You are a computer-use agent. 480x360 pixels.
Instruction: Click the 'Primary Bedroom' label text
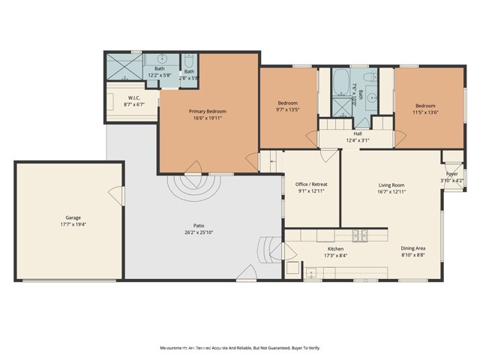(207, 111)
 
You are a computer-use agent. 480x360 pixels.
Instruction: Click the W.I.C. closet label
(135, 97)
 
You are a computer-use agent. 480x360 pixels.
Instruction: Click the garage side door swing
(116, 196)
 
